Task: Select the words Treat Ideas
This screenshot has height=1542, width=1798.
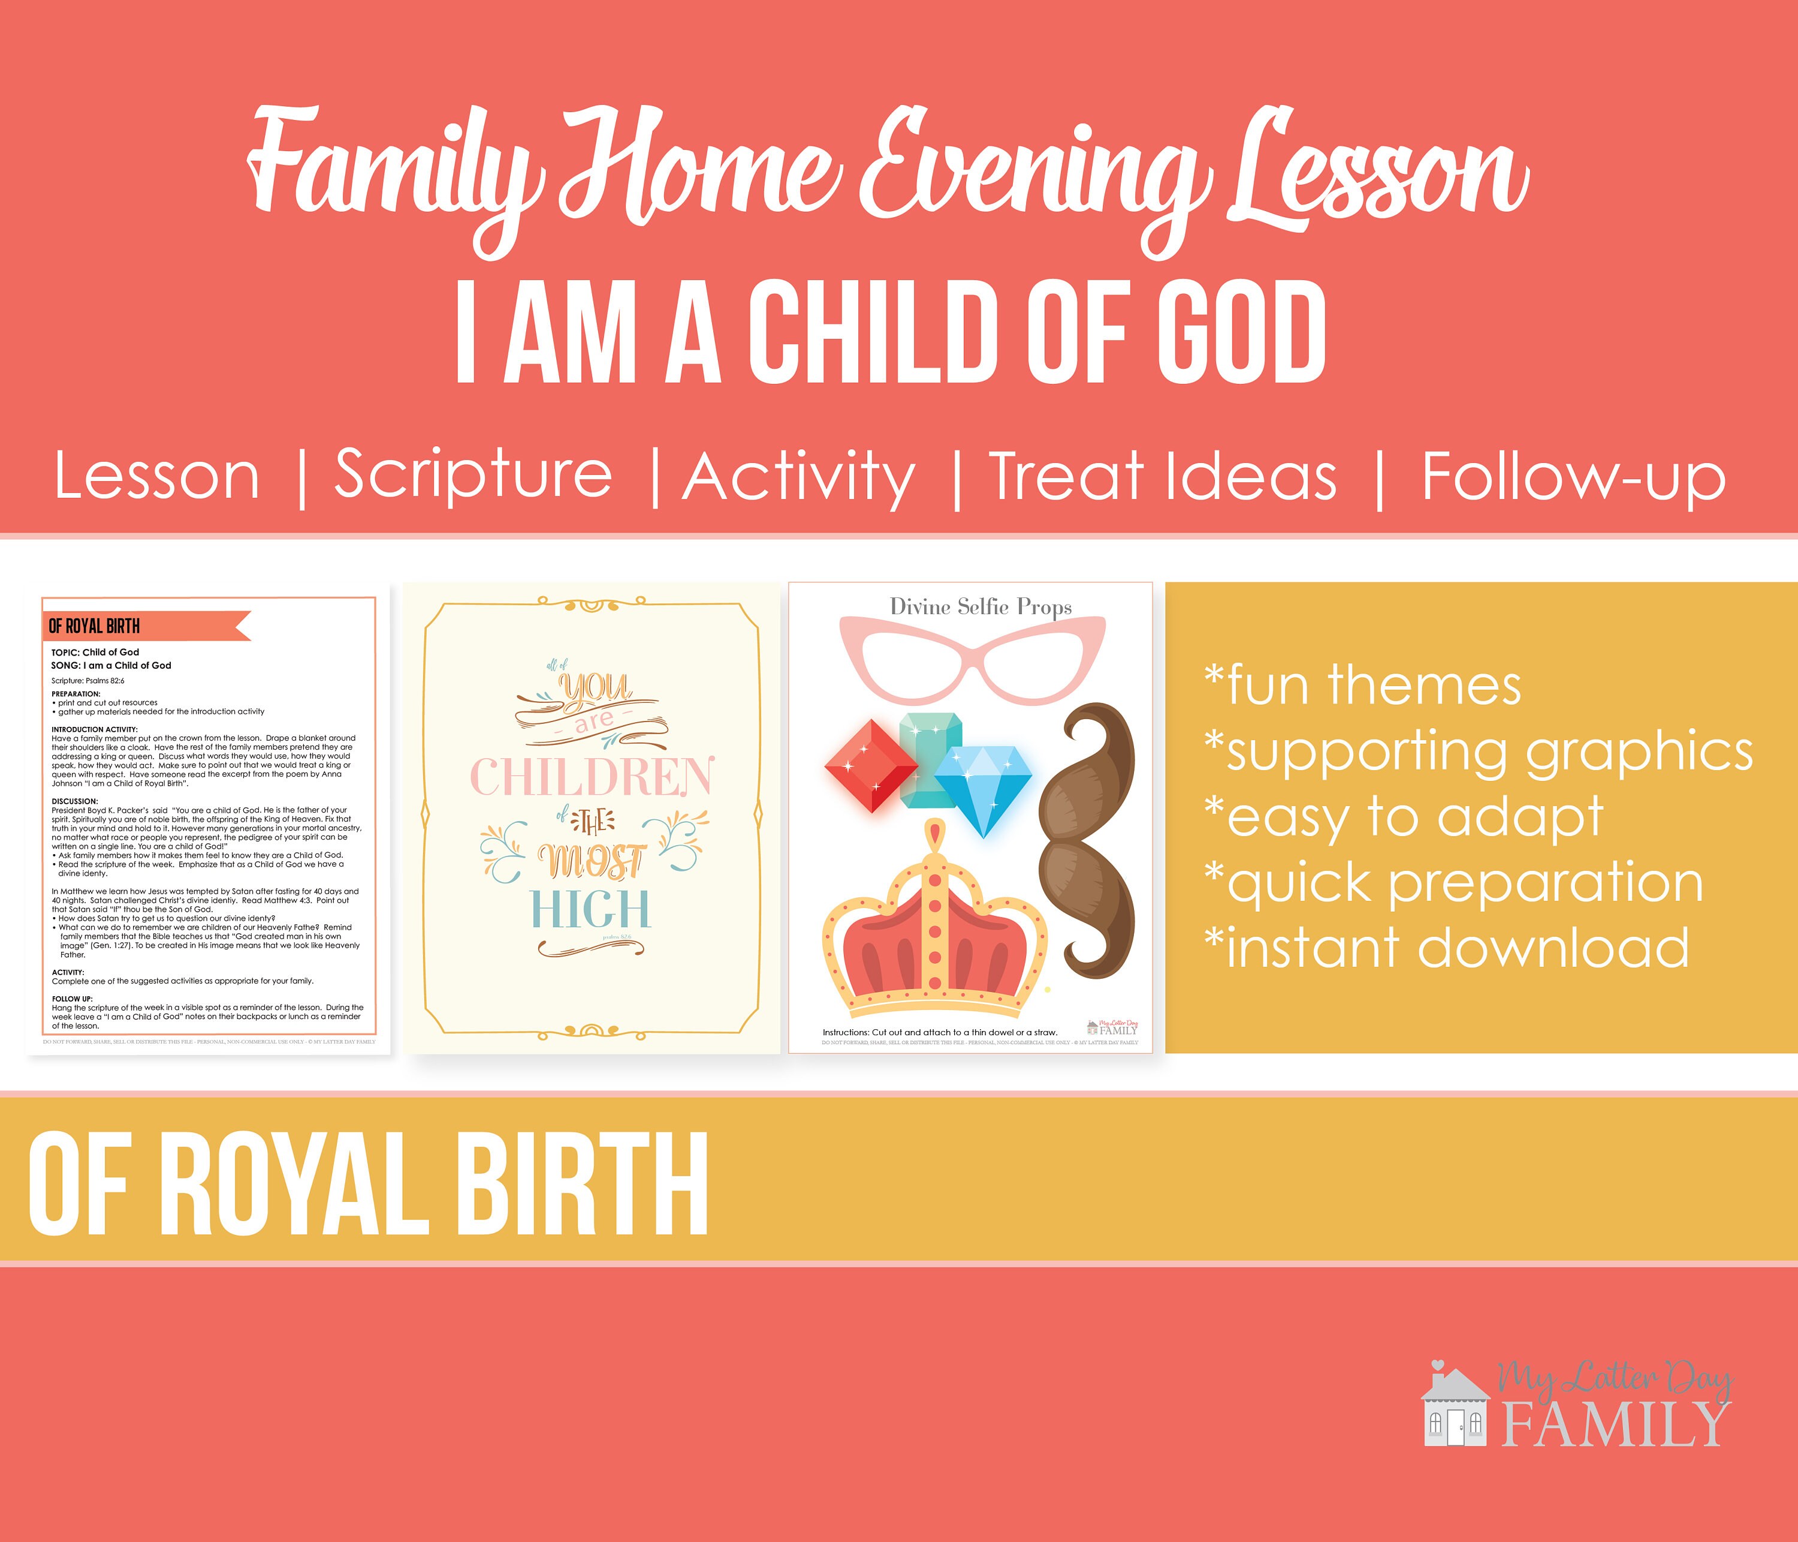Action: point(1163,477)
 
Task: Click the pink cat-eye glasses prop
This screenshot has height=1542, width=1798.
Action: point(973,659)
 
